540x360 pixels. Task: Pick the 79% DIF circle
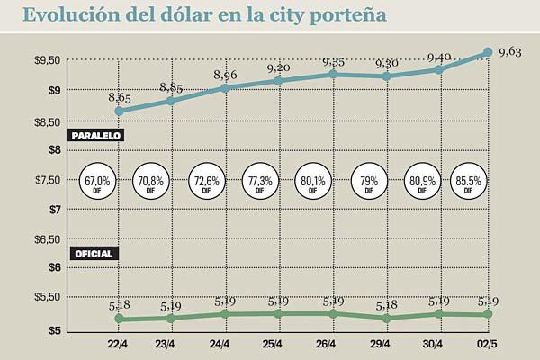369,184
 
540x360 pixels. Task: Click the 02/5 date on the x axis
487,345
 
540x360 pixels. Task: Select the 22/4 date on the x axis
119,345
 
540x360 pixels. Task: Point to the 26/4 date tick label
324,345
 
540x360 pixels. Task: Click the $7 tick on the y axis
53,209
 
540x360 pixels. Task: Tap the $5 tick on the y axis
53,330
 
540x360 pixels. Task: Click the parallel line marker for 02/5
488,52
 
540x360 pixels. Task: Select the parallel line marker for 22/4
120,112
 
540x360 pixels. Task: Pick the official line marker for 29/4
386,319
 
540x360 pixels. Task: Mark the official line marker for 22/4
120,319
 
